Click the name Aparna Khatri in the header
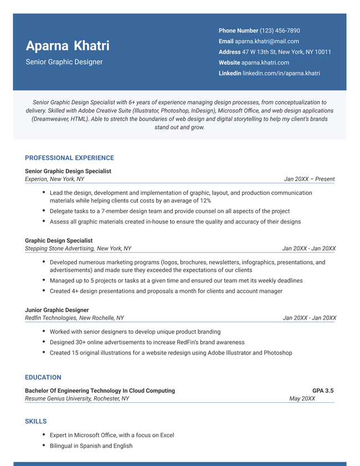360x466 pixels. [68, 45]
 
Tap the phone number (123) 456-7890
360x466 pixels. [280, 30]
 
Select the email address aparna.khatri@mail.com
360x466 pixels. [267, 41]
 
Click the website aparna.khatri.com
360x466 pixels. [265, 63]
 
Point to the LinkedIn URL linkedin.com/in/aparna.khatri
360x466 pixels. [281, 73]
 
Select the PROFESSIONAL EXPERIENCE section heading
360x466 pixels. [69, 158]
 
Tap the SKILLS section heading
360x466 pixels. [36, 422]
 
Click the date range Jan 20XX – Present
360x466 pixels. [309, 179]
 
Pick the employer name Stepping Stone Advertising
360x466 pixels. [59, 249]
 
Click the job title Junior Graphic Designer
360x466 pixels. [57, 310]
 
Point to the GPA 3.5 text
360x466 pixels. [323, 391]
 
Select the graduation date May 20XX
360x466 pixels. [302, 398]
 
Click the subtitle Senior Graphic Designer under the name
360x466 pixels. [64, 62]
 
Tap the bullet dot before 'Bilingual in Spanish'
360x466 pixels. [44, 445]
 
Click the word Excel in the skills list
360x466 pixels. [167, 436]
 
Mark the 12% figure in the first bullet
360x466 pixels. [205, 201]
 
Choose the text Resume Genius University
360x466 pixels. [58, 398]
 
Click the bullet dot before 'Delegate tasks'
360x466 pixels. [44, 211]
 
